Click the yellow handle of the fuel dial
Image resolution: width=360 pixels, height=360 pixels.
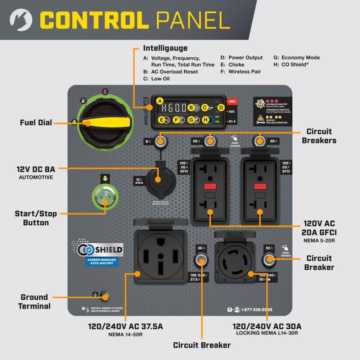(108, 123)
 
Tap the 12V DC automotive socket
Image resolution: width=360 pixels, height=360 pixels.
(158, 179)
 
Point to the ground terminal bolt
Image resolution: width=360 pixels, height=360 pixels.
(105, 296)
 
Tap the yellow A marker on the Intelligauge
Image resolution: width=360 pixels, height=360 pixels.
(160, 101)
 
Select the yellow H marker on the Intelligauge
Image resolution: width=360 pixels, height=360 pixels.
(206, 120)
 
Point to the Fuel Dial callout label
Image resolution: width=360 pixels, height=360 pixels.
(36, 123)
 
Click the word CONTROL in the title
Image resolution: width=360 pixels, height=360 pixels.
(94, 20)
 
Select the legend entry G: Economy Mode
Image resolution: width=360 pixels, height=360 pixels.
(297, 58)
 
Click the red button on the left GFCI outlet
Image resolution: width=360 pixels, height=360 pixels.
(210, 186)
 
